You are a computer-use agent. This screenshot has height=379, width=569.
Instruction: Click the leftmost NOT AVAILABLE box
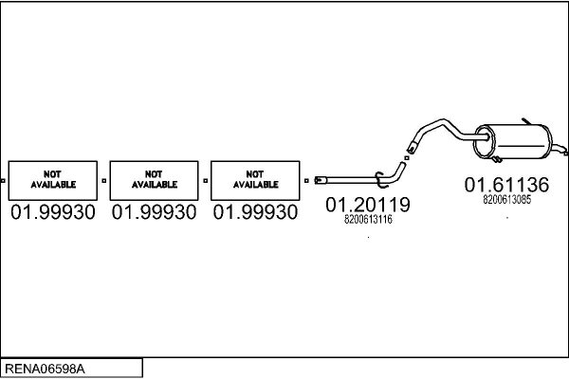pos(52,180)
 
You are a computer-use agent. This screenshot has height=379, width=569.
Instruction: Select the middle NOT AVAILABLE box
pos(154,180)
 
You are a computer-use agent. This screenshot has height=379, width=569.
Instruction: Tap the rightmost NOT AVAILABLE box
pos(254,180)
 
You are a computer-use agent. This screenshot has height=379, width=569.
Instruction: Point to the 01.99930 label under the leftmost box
pos(52,213)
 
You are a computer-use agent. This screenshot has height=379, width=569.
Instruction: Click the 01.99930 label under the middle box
pos(154,213)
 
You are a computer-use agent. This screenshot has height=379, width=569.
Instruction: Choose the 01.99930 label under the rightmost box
pos(254,213)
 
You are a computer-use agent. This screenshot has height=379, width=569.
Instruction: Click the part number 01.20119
pos(367,205)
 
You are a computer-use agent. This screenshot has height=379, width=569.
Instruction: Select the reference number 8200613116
pos(367,220)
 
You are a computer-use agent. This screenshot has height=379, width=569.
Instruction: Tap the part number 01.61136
pos(506,185)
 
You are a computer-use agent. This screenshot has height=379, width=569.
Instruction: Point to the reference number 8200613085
pos(506,200)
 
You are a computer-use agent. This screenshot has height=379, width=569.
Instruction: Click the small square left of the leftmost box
pos(4,179)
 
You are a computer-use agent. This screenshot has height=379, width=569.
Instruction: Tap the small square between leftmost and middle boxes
pos(104,179)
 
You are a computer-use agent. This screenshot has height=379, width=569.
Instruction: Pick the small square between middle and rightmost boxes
pos(205,179)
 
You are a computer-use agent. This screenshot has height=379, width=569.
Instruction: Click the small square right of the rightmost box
pos(305,179)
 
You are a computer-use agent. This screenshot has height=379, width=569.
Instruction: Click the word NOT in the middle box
pos(154,173)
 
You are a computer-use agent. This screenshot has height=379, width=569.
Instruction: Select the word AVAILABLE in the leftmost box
pos(52,185)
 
